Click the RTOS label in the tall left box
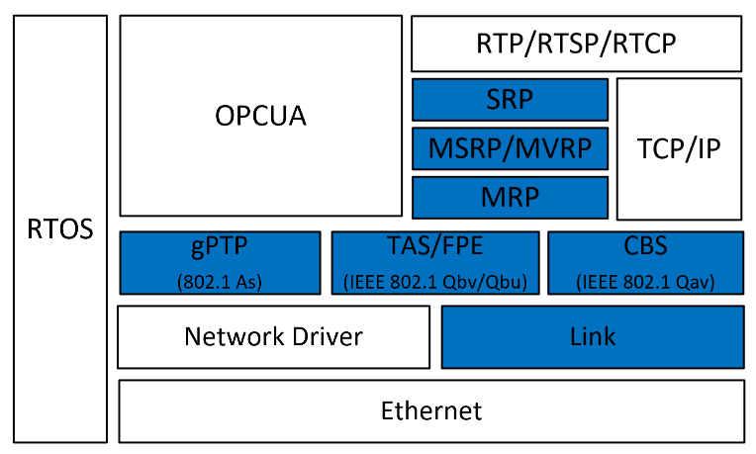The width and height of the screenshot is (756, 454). click(x=60, y=230)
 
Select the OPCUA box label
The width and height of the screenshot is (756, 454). click(x=260, y=116)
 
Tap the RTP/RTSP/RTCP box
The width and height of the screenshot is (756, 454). click(x=577, y=45)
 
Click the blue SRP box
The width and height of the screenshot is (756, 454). click(x=511, y=100)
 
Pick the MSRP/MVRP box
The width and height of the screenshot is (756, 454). click(x=511, y=148)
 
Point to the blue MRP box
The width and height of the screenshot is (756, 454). click(x=511, y=197)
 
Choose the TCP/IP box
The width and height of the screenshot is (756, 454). click(x=679, y=148)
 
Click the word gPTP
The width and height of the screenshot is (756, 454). click(x=219, y=248)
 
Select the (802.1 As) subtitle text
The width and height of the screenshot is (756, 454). click(x=219, y=280)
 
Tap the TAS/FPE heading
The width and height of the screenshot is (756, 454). click(x=435, y=248)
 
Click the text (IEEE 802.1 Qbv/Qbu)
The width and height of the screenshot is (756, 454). click(x=435, y=280)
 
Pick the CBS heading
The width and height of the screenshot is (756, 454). click(x=645, y=248)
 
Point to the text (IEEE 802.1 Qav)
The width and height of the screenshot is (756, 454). click(x=645, y=280)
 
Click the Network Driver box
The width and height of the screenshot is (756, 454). click(x=273, y=336)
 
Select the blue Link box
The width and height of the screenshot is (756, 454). click(x=593, y=336)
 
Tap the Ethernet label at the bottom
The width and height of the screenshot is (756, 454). click(x=431, y=410)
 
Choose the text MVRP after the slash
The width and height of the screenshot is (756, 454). click(x=555, y=148)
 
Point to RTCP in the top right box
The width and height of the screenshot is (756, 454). click(x=644, y=45)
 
